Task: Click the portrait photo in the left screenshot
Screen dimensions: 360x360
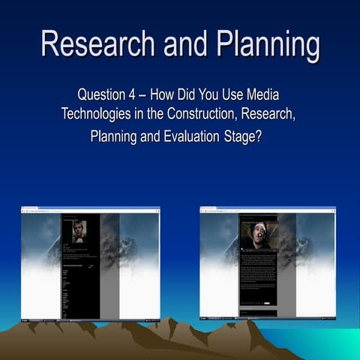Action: pos(79,231)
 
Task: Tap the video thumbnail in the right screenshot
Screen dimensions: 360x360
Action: pos(259,233)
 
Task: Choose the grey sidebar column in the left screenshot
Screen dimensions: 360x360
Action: pos(109,262)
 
